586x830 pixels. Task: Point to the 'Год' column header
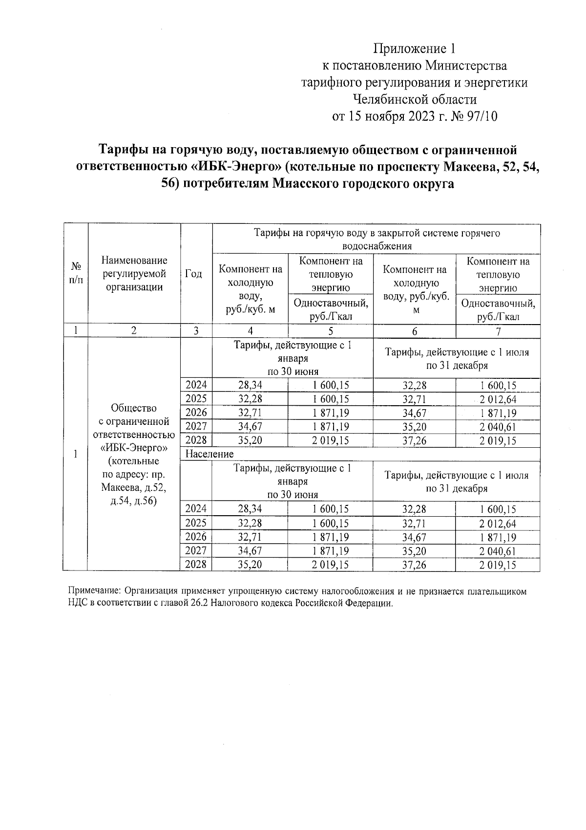194,274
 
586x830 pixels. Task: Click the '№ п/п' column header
76,274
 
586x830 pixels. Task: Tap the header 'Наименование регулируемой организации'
134,274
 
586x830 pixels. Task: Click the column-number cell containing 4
250,331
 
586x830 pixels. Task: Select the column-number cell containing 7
498,331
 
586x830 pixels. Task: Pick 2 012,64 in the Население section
498,524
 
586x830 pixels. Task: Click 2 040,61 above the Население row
498,427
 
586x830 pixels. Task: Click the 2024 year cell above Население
196,385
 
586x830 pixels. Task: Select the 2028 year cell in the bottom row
196,565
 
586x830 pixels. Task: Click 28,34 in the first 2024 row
250,385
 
